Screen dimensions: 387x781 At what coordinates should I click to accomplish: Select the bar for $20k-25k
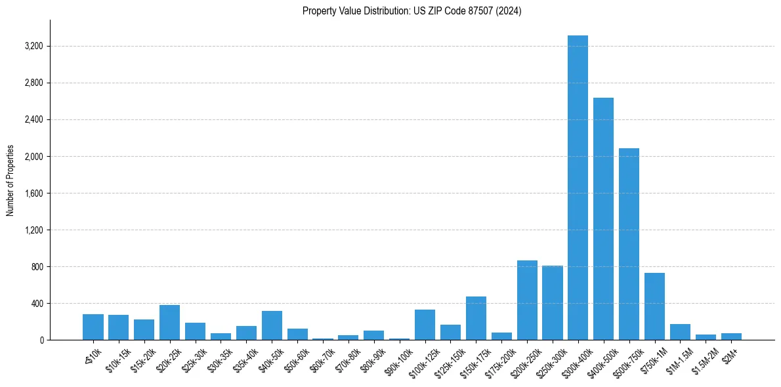169,322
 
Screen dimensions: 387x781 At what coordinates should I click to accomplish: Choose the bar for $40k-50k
272,325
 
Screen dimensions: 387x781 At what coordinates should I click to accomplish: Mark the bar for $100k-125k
425,325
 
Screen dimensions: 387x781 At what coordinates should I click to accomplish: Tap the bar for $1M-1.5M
680,332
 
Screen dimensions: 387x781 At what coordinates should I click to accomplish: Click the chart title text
412,11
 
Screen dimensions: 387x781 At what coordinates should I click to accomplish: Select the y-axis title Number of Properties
11,180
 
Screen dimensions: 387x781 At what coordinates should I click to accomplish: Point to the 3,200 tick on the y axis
33,47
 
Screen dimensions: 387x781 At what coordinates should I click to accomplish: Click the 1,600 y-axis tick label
33,193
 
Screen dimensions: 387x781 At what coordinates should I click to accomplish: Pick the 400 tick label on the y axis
37,304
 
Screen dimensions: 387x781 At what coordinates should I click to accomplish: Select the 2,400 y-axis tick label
33,120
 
